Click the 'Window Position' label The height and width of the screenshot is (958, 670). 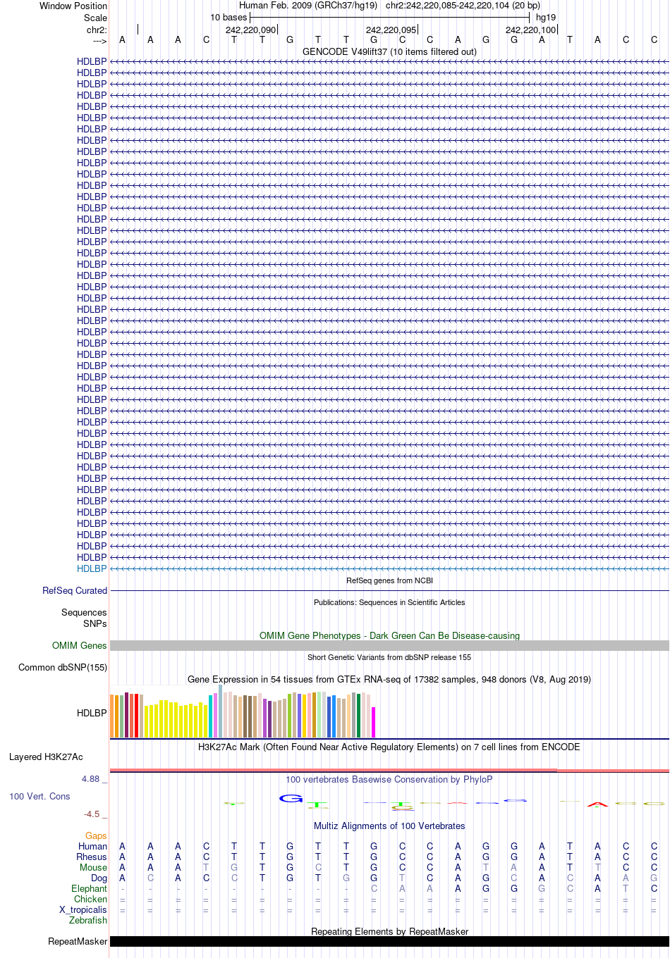tap(73, 6)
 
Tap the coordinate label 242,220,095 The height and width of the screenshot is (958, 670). tap(391, 30)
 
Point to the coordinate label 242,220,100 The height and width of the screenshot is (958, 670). tap(530, 30)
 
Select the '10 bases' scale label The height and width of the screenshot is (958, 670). tap(229, 18)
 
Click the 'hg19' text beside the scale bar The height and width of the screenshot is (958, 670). tap(546, 18)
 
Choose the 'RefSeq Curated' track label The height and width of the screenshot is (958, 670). tap(75, 590)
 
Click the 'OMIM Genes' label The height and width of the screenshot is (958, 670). tap(79, 645)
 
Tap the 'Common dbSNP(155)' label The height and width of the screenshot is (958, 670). tap(63, 668)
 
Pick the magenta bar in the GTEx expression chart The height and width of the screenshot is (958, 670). tap(373, 722)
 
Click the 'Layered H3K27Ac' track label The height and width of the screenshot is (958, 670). tap(46, 757)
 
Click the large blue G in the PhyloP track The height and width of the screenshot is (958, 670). tap(291, 799)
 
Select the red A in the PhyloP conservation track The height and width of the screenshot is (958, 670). tap(597, 805)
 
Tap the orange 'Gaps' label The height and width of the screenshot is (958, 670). tap(96, 835)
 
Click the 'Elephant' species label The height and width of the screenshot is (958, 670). tap(89, 889)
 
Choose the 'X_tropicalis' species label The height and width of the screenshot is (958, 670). tap(83, 909)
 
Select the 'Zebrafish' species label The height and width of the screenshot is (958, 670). tap(88, 921)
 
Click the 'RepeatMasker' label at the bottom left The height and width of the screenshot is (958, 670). tap(78, 941)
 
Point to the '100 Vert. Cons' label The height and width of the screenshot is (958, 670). tap(39, 796)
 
